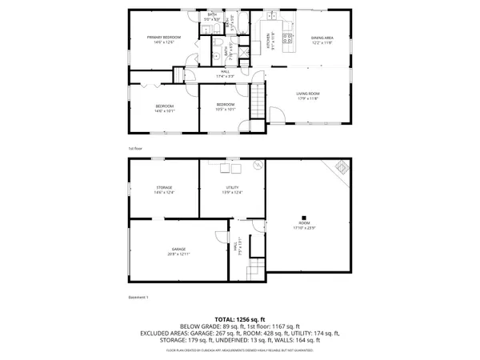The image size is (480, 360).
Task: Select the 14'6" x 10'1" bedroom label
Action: [163, 107]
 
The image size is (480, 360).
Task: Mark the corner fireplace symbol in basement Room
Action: [341, 167]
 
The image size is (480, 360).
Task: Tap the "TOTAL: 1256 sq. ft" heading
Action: [240, 319]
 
